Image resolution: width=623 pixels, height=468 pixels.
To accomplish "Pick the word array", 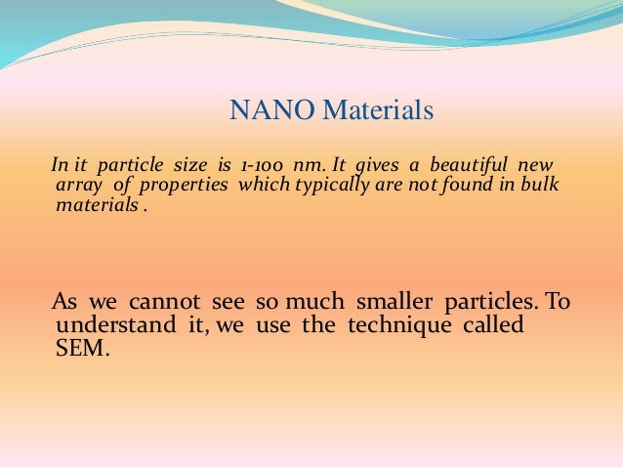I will [x=74, y=186].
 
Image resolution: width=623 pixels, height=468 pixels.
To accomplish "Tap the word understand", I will [x=102, y=324].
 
